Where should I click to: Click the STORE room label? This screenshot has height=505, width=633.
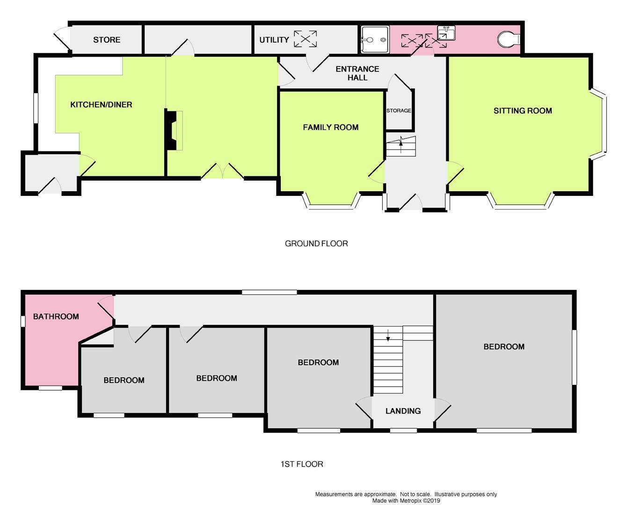107,40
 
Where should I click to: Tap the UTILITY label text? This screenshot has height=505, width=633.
274,40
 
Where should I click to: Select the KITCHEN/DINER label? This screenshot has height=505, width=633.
101,105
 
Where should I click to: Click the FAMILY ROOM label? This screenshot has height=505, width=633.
331,127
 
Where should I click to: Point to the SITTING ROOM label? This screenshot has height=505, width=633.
523,111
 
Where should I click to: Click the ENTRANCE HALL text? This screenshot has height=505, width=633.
357,73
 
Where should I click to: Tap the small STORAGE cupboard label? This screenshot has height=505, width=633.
399,111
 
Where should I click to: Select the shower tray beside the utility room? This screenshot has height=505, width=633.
375,40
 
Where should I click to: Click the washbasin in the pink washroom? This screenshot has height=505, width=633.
445,33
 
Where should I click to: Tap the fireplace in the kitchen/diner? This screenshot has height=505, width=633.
173,130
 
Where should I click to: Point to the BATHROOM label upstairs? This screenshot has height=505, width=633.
56,317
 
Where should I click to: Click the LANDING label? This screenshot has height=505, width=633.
403,411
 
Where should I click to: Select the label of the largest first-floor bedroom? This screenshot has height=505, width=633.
504,346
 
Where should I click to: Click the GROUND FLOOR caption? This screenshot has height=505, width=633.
316,244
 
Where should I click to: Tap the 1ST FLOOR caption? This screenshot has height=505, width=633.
302,464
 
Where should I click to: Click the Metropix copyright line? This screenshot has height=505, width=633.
406,500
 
